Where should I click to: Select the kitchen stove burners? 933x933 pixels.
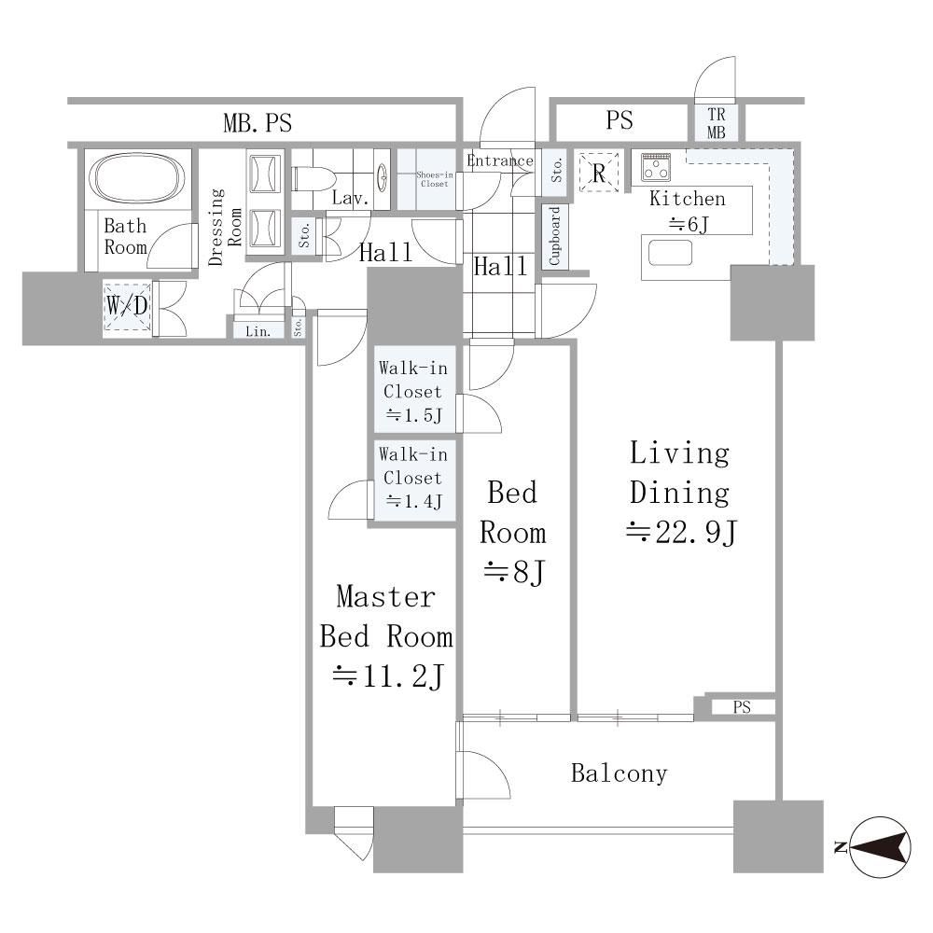[656, 167]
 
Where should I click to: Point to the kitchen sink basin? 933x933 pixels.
[671, 252]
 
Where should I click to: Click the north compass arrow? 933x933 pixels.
[880, 847]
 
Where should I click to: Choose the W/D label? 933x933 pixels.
[127, 306]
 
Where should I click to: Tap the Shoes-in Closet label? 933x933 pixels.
[435, 179]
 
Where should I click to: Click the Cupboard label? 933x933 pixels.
[554, 236]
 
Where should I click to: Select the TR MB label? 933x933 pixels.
[716, 123]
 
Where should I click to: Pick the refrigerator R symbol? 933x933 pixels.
[599, 173]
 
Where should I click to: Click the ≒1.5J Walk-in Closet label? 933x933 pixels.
[413, 392]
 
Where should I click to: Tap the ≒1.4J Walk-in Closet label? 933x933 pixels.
[413, 478]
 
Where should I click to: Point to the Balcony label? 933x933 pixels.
[619, 773]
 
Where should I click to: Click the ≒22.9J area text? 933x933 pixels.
[681, 532]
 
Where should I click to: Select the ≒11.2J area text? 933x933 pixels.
[387, 675]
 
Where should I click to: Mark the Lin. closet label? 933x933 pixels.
[258, 331]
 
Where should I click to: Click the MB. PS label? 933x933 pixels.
[258, 123]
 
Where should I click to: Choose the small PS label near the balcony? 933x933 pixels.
[742, 707]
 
